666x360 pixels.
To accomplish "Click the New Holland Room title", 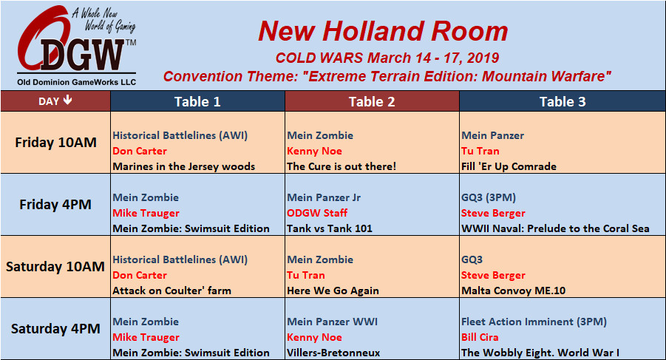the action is [383, 31].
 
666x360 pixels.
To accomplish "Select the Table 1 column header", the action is [197, 101].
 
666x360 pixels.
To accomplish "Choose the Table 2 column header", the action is [372, 101].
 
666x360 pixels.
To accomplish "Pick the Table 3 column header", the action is [563, 101].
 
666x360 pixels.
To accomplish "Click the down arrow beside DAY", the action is [67, 101].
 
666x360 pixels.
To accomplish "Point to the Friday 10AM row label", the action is [55, 142].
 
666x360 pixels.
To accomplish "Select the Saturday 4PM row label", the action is [55, 329].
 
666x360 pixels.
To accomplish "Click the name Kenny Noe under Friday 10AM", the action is [314, 151].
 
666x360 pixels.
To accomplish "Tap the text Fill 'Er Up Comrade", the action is [509, 166].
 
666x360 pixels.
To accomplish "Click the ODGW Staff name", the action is [317, 213].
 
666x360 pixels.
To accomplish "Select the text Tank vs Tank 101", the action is [330, 228].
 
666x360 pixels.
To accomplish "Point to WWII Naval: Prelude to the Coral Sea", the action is [556, 228].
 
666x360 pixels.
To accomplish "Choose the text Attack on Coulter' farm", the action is [172, 291].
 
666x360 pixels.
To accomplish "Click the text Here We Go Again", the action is [333, 291].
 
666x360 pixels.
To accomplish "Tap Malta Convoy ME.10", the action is [514, 291].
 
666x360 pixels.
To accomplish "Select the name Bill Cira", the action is [480, 337].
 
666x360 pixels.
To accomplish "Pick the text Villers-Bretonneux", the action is [333, 353].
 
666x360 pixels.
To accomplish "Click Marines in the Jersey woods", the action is [184, 166].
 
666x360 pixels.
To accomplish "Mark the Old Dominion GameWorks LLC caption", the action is [76, 82].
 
